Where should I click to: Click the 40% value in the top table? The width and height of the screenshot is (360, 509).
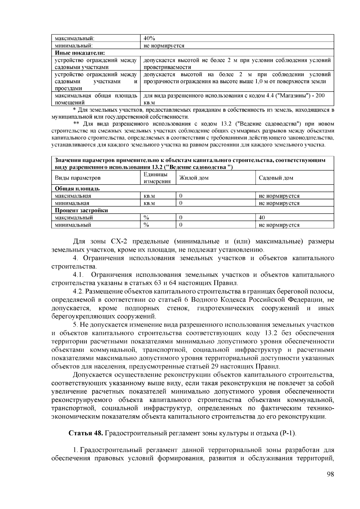coord(149,38)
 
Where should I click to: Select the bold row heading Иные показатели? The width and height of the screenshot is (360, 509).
coord(79,53)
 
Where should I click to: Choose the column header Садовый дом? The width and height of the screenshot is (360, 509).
coord(276,178)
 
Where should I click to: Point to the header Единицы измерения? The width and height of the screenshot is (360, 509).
coord(157,178)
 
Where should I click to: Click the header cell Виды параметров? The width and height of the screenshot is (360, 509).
coord(77,178)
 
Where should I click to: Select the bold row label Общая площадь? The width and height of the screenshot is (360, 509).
coord(77,189)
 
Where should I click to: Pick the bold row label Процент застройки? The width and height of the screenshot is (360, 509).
coord(81,210)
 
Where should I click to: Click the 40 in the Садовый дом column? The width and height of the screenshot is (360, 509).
coord(262,218)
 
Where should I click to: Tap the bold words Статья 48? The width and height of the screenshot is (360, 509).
coord(86,433)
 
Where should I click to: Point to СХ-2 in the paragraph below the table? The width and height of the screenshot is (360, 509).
coord(119,241)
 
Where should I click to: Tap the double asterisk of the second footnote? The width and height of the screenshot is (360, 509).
coord(76,124)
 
